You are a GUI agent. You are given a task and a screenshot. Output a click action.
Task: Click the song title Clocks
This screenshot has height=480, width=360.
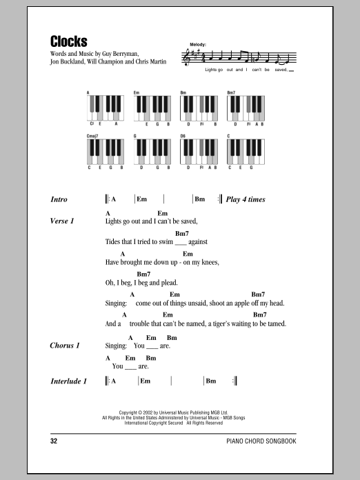(x=69, y=41)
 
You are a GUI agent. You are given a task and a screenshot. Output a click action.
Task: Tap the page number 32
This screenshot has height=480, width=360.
(x=54, y=440)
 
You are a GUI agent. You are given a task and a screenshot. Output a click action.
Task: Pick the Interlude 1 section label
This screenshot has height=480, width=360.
(x=69, y=381)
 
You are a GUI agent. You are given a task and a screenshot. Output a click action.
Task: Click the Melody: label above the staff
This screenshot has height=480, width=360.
(x=197, y=45)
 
